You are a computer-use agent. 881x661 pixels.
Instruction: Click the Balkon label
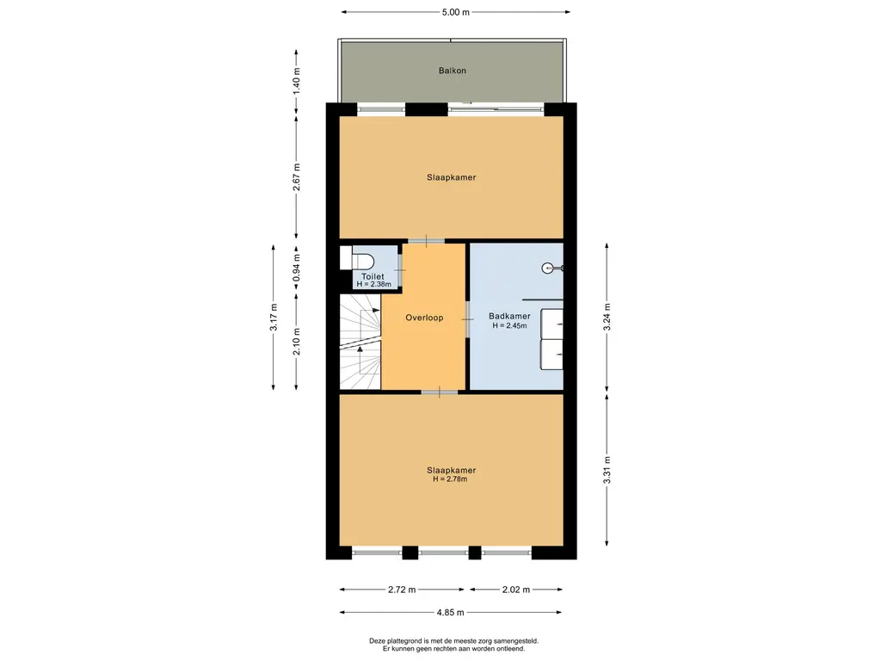click(x=453, y=71)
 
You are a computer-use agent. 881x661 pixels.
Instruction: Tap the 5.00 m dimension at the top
click(x=456, y=12)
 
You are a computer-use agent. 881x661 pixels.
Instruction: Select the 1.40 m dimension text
click(x=297, y=80)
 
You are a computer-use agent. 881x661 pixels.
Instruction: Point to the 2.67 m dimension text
click(x=297, y=177)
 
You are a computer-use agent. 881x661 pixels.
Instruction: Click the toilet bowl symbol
click(x=364, y=261)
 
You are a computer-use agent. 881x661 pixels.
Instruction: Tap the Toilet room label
click(x=373, y=276)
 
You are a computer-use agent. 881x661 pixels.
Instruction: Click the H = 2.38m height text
click(x=373, y=284)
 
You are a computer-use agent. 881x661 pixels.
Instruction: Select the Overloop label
click(x=424, y=318)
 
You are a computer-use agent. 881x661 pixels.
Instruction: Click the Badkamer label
click(x=509, y=317)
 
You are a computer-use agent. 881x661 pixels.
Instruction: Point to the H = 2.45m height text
click(x=509, y=325)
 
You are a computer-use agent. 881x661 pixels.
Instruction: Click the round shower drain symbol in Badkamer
click(x=548, y=269)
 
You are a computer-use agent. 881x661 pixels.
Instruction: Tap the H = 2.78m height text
click(x=450, y=479)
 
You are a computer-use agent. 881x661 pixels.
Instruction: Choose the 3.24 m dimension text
click(x=607, y=317)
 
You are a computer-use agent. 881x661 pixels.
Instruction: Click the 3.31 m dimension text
click(x=607, y=470)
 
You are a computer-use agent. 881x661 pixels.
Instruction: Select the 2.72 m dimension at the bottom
click(x=402, y=590)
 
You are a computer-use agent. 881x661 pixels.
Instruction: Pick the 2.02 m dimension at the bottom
click(x=516, y=590)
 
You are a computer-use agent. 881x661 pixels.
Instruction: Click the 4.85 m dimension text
click(x=451, y=613)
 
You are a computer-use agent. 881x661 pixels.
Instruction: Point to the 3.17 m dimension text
click(x=274, y=317)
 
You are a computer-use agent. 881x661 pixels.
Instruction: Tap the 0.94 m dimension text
click(x=297, y=269)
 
